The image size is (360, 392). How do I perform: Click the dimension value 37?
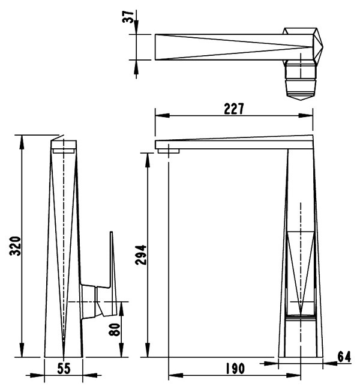128,16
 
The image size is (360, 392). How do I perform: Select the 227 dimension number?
233,109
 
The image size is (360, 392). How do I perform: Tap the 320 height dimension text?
15,246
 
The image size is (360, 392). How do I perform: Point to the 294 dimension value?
141,255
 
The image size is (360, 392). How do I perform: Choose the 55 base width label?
64,369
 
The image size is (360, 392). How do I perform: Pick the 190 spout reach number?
235,369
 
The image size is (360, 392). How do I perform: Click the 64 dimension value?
344,357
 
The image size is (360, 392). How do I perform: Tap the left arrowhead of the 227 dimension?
163,115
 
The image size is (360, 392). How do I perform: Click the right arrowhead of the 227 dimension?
305,115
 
